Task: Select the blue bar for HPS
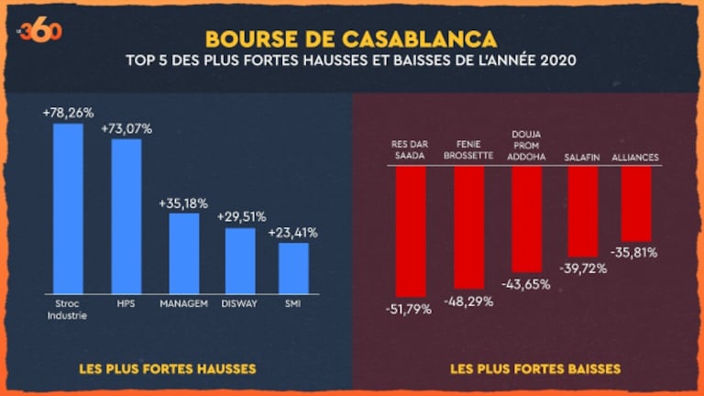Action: (x=126, y=215)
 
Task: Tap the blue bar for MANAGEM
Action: (x=183, y=252)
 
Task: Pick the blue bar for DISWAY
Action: (x=240, y=259)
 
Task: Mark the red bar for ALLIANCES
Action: (x=636, y=203)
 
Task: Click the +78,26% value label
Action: (x=68, y=113)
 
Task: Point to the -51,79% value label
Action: (x=410, y=309)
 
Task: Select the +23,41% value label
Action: (x=293, y=233)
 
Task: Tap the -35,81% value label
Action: (x=634, y=252)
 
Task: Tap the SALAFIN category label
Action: (x=583, y=158)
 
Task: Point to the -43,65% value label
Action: (x=526, y=284)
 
